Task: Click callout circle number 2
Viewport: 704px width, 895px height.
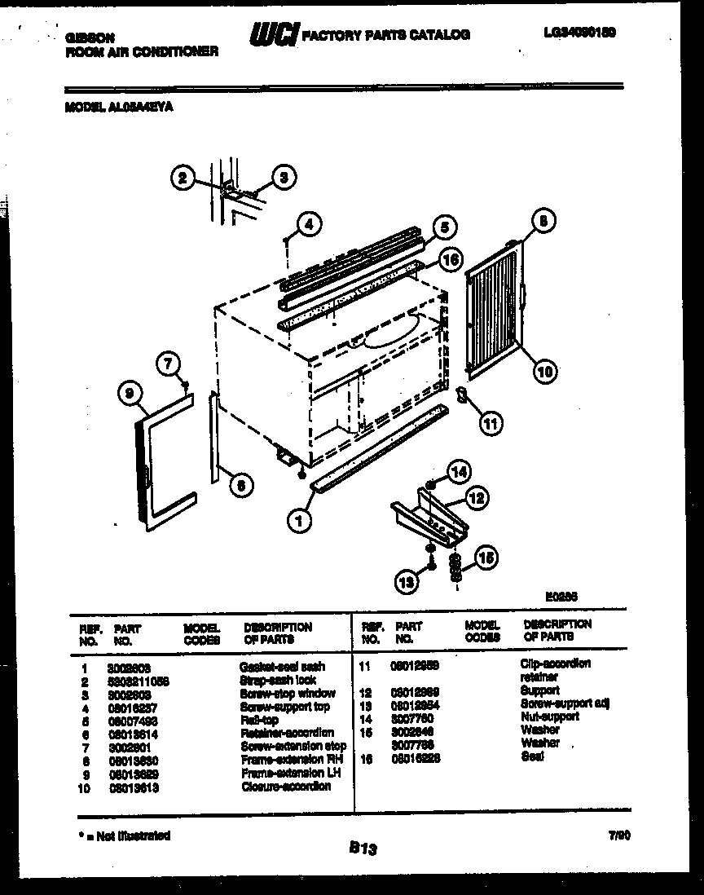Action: (x=183, y=177)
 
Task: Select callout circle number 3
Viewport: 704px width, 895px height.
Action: (x=283, y=176)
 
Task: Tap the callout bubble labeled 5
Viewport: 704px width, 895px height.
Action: (x=444, y=227)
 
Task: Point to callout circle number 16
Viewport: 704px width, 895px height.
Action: (x=449, y=260)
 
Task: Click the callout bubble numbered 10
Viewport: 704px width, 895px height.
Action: (x=544, y=372)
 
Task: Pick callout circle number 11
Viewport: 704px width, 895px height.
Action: (x=490, y=422)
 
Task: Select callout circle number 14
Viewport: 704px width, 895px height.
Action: (x=460, y=471)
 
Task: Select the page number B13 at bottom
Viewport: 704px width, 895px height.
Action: (x=363, y=849)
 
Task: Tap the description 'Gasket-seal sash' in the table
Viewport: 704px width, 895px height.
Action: (x=282, y=667)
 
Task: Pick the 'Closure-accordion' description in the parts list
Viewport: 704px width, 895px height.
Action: (x=286, y=787)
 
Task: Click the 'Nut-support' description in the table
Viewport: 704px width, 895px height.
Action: (x=549, y=716)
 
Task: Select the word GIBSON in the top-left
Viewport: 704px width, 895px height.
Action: (x=90, y=37)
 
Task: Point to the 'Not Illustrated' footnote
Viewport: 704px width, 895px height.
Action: (x=123, y=835)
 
